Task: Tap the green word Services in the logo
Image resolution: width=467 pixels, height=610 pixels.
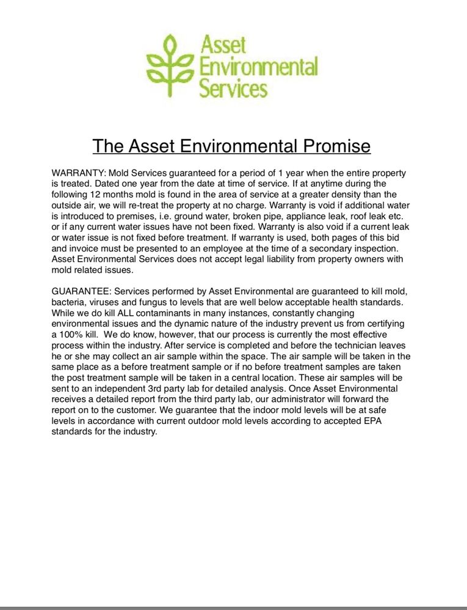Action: coord(234,89)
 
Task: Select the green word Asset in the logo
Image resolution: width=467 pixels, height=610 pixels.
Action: coord(223,44)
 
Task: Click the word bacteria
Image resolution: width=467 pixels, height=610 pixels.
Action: coord(71,303)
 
